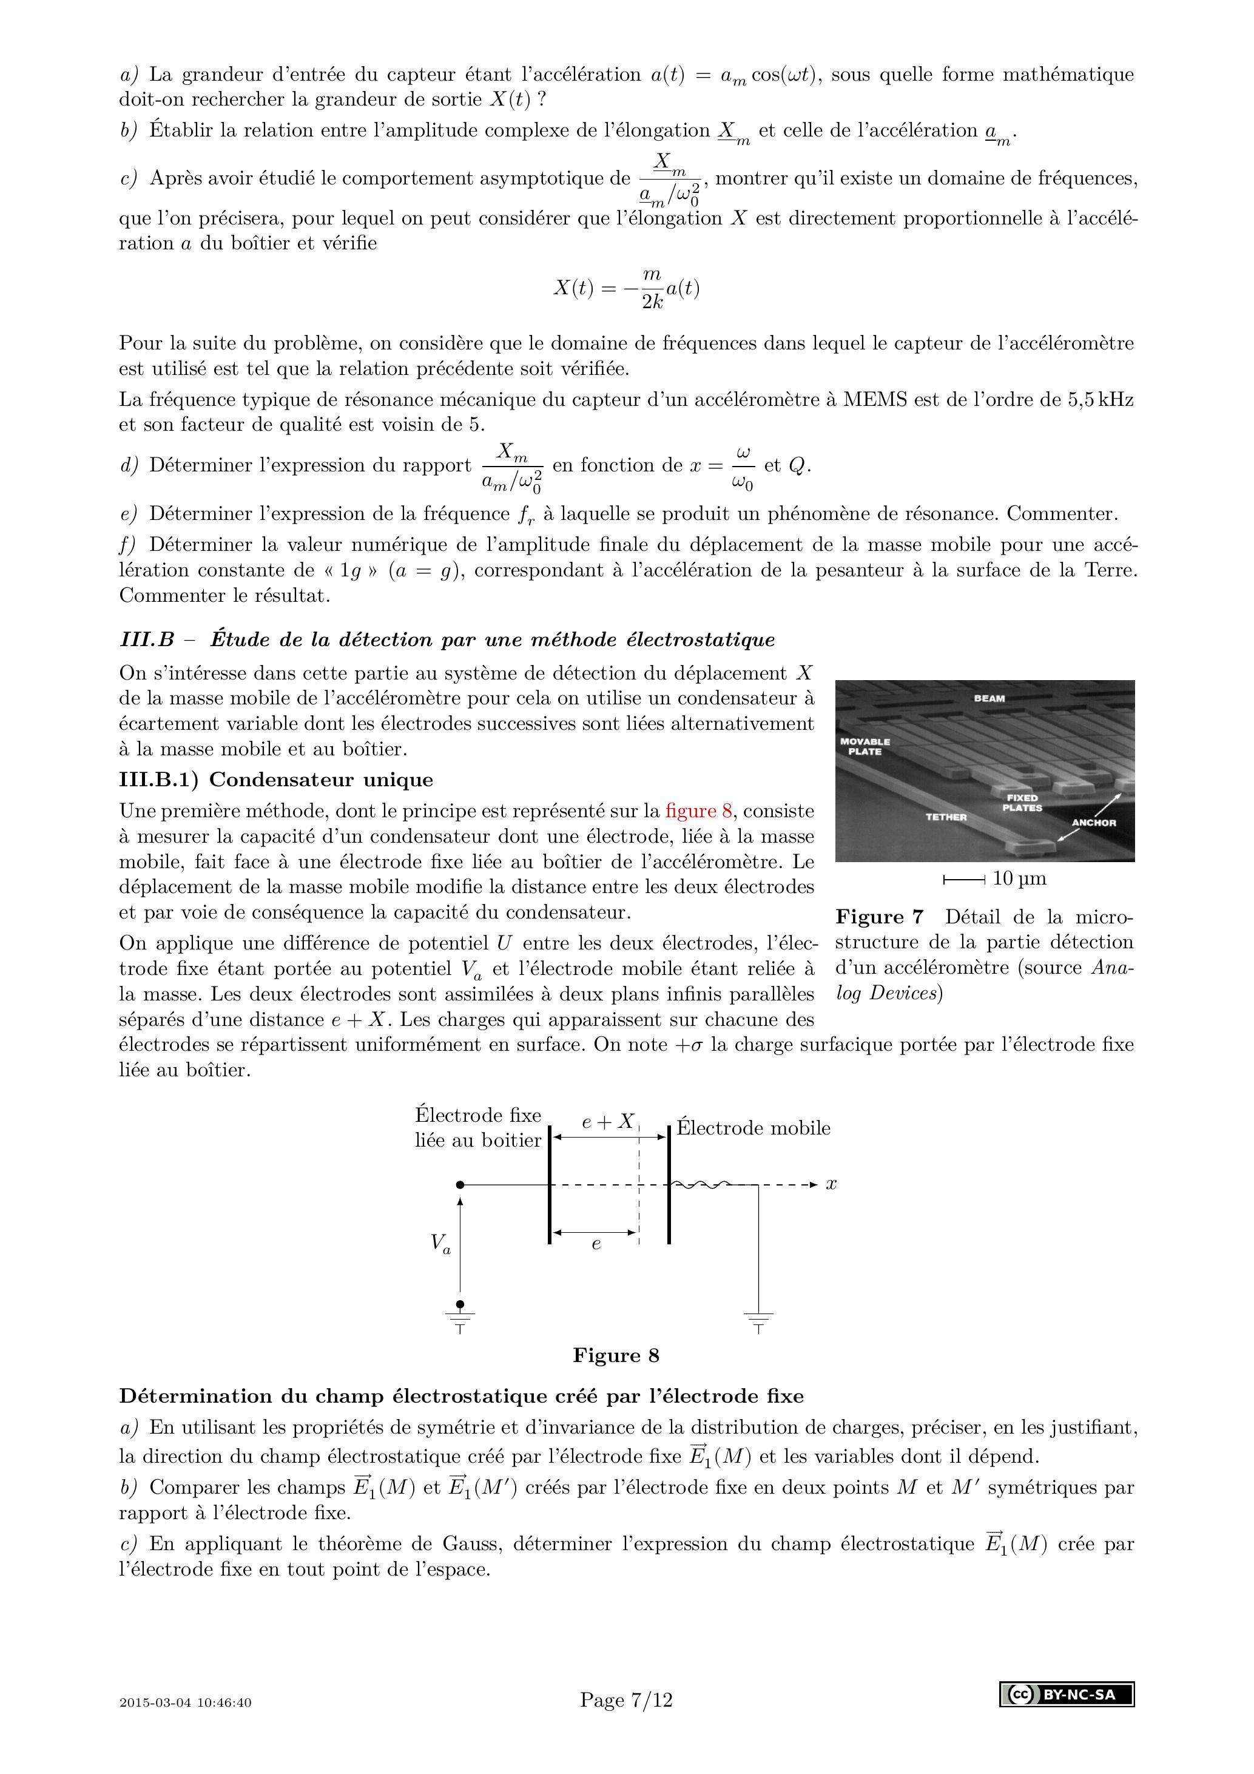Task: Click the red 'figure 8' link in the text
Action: click(698, 811)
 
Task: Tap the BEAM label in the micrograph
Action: click(989, 698)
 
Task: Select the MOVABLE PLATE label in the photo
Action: click(865, 746)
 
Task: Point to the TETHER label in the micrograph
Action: click(946, 817)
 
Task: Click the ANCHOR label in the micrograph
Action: click(1093, 823)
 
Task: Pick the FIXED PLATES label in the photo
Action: click(1022, 803)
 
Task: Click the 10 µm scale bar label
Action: click(1019, 879)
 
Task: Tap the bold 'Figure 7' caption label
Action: click(879, 917)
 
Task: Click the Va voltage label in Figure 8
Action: click(440, 1243)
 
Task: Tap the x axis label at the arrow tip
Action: click(831, 1184)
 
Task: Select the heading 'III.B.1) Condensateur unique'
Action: click(276, 780)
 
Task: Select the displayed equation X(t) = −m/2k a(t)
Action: click(627, 288)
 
